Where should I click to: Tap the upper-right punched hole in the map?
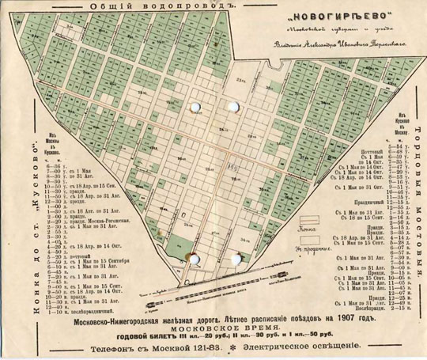coord(233,105)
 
